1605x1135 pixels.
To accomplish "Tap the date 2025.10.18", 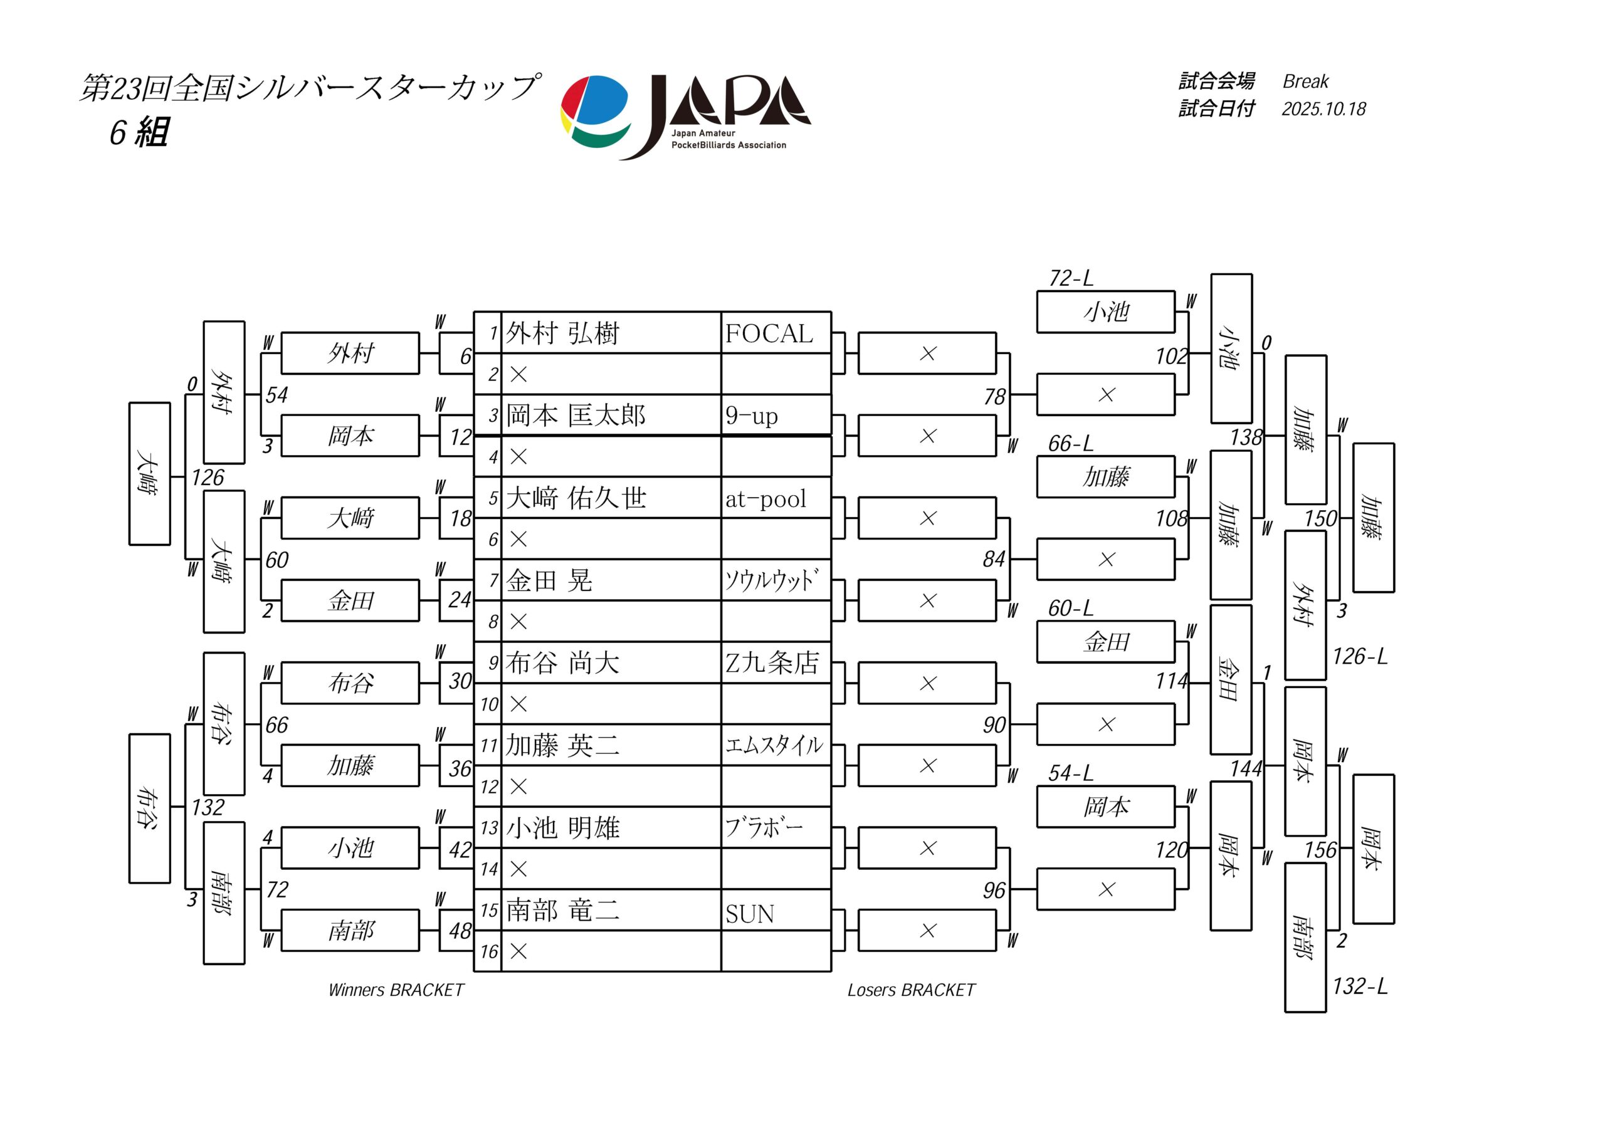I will coord(1323,109).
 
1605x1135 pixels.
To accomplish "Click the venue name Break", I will coord(1305,81).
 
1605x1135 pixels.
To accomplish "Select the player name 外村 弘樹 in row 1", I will coord(563,333).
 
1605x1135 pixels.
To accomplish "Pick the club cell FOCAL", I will coord(769,333).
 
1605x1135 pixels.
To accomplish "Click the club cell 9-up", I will coord(752,416).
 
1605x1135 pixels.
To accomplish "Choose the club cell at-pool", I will coord(766,498).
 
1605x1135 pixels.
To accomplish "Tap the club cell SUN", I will coord(749,913).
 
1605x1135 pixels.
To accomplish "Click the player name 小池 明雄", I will coord(563,828).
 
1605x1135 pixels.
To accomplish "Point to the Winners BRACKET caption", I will coord(396,990).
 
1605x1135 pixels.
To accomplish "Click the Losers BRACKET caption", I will coord(911,990).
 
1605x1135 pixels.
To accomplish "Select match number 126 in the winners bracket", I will coord(208,478).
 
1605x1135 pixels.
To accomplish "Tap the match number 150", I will coord(1320,518).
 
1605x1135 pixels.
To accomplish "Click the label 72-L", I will coord(1070,279).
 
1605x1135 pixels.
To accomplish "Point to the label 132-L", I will coord(1360,986).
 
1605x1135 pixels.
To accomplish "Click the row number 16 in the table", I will coord(488,951).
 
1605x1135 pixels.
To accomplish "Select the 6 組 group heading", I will coord(139,132).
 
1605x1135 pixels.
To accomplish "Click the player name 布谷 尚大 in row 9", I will coord(563,663).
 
